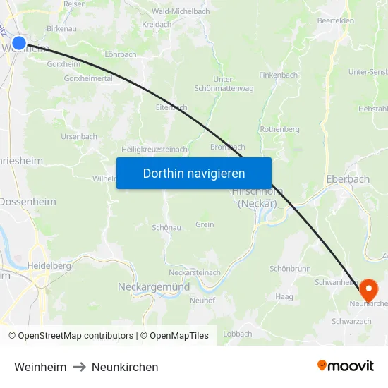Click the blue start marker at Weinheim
point(19,44)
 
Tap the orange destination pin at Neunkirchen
point(368,290)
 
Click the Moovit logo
point(346,366)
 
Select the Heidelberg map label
point(49,265)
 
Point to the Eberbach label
point(348,179)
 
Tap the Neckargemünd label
point(153,287)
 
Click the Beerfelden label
point(335,20)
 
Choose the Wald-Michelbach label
point(181,12)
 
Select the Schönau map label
point(167,228)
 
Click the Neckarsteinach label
point(195,272)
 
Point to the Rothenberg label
point(279,129)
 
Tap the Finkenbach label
point(278,75)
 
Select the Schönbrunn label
point(290,269)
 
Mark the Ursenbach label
point(79,136)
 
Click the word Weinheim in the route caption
point(40,367)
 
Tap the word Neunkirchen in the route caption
point(125,367)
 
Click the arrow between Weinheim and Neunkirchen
point(79,367)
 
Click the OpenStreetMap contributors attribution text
point(75,336)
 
